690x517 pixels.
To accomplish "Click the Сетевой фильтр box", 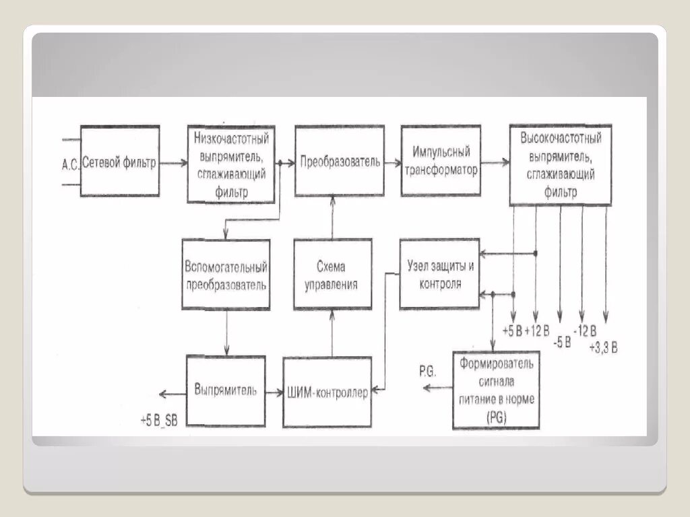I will click(120, 161).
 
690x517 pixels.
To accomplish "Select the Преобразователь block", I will click(340, 161).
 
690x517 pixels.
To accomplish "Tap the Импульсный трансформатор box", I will click(441, 161).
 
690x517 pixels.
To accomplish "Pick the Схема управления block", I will click(332, 275).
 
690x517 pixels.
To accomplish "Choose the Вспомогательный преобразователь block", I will click(226, 275).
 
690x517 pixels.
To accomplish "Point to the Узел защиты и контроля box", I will click(439, 274).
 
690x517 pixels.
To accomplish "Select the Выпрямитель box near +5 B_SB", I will click(225, 390).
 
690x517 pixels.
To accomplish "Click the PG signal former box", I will click(496, 390).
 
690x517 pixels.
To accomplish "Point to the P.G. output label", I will click(427, 371).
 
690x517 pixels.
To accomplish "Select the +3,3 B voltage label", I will click(603, 347).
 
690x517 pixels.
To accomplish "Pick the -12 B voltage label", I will click(584, 330).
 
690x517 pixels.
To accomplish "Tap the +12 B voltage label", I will click(537, 331).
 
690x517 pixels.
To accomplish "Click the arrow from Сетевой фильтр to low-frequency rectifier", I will click(174, 162).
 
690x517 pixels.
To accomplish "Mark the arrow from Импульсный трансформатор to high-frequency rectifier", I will click(495, 162).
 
